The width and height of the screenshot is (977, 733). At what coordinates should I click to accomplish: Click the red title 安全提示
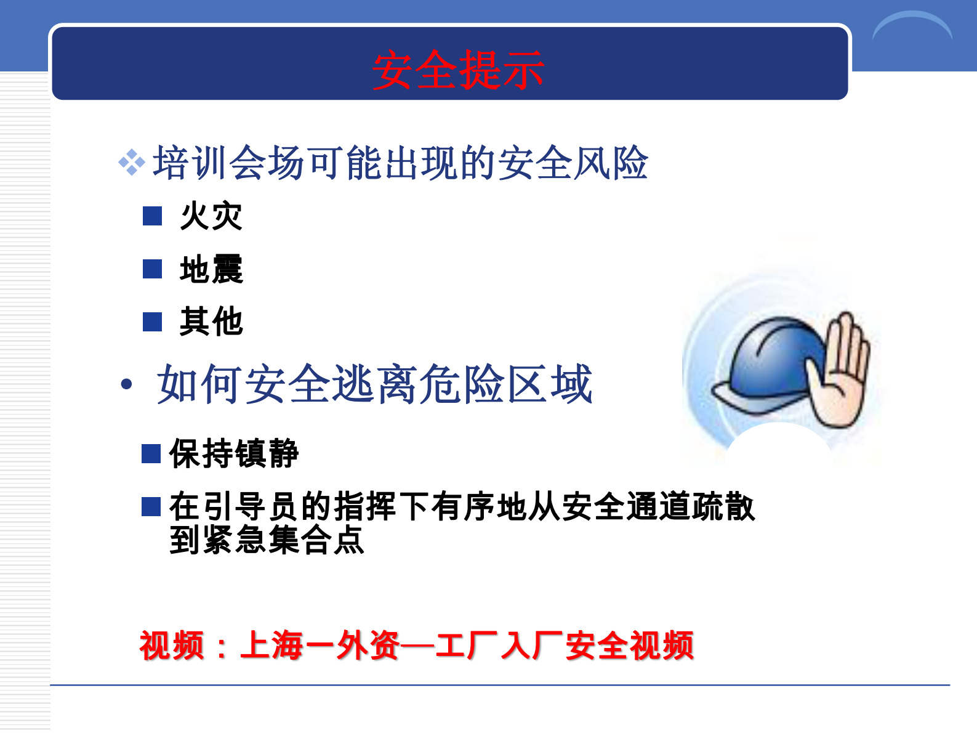pos(458,70)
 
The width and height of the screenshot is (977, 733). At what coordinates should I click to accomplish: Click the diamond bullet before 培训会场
pos(131,163)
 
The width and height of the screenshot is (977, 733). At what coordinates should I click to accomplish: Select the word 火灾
pos(211,216)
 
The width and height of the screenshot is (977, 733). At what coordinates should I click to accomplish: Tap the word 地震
pos(211,269)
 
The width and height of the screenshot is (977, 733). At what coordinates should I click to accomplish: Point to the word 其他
pos(211,322)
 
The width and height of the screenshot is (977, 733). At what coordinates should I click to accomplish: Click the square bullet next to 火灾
pos(152,216)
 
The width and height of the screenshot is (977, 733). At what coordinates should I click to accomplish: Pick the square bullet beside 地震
pos(152,269)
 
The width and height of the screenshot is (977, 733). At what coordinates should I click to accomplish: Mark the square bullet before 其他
pos(152,322)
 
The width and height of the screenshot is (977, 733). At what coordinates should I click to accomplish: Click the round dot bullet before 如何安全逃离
pos(127,385)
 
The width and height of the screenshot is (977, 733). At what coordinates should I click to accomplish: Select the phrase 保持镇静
pos(234,454)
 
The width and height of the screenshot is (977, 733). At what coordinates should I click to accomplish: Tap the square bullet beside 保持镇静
pos(151,453)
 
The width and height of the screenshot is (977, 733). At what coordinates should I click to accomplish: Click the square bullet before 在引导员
pos(151,506)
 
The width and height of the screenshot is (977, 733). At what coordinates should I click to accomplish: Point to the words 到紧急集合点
pos(267,540)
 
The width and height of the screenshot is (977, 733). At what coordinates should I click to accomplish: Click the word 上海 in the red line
pos(271,646)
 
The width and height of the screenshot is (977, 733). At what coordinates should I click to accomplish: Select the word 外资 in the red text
pos(368,646)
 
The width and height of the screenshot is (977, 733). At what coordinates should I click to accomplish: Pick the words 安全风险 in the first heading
pos(573,163)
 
